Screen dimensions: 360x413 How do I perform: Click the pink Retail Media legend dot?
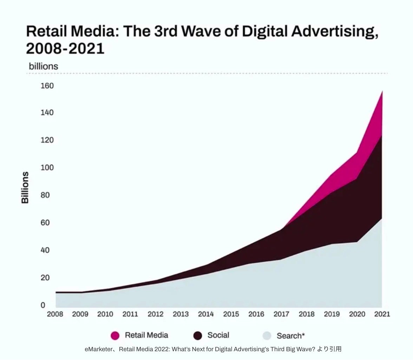coord(115,335)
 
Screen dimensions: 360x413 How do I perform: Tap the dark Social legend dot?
coord(198,335)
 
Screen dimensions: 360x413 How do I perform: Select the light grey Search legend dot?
coord(267,336)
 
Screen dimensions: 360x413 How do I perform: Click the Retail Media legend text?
coord(146,335)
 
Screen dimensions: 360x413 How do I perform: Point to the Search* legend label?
coord(290,336)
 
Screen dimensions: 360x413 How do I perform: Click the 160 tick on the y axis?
coord(47,86)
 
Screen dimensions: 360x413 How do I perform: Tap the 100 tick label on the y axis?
coord(47,167)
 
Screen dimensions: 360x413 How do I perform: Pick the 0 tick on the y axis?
coord(43,305)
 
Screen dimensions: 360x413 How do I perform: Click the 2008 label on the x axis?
coord(55,314)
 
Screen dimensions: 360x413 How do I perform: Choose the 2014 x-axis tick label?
coord(206,314)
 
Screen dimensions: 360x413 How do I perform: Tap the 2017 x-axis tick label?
coord(281,314)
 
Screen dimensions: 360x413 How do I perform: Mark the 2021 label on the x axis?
coord(382,314)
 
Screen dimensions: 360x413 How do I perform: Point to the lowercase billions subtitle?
coord(43,66)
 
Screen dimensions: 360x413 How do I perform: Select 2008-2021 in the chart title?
coord(65,48)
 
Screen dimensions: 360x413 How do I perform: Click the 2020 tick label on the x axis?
coord(357,314)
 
